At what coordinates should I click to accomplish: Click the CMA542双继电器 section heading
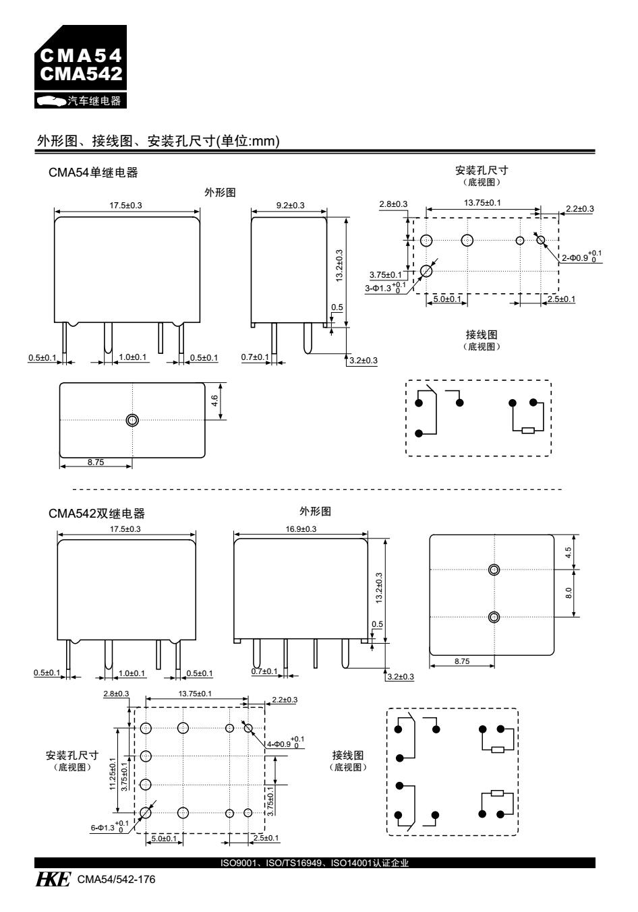96,514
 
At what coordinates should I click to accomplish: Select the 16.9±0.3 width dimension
301,529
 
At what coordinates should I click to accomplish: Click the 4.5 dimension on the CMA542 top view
569,552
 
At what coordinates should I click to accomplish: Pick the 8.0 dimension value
569,592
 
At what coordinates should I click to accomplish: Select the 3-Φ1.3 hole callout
389,288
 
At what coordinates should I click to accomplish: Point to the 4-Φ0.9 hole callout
285,743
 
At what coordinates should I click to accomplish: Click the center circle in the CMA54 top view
132,420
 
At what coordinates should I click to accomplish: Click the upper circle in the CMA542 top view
494,570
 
